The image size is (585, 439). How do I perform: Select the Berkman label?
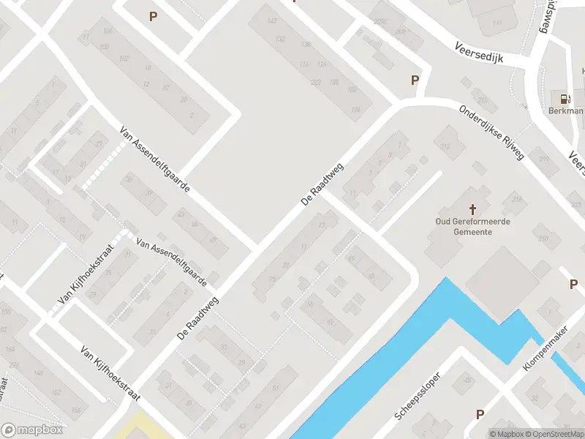(566, 110)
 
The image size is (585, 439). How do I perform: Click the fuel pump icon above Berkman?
(564, 98)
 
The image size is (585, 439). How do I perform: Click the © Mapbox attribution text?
(506, 434)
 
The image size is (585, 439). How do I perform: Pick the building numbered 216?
(517, 199)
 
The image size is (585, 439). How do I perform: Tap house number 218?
(543, 239)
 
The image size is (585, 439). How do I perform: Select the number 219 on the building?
(543, 159)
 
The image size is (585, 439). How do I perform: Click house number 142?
(272, 21)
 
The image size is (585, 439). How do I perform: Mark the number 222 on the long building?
(316, 82)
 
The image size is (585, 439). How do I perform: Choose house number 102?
(124, 59)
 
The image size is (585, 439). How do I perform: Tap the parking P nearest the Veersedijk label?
(415, 80)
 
